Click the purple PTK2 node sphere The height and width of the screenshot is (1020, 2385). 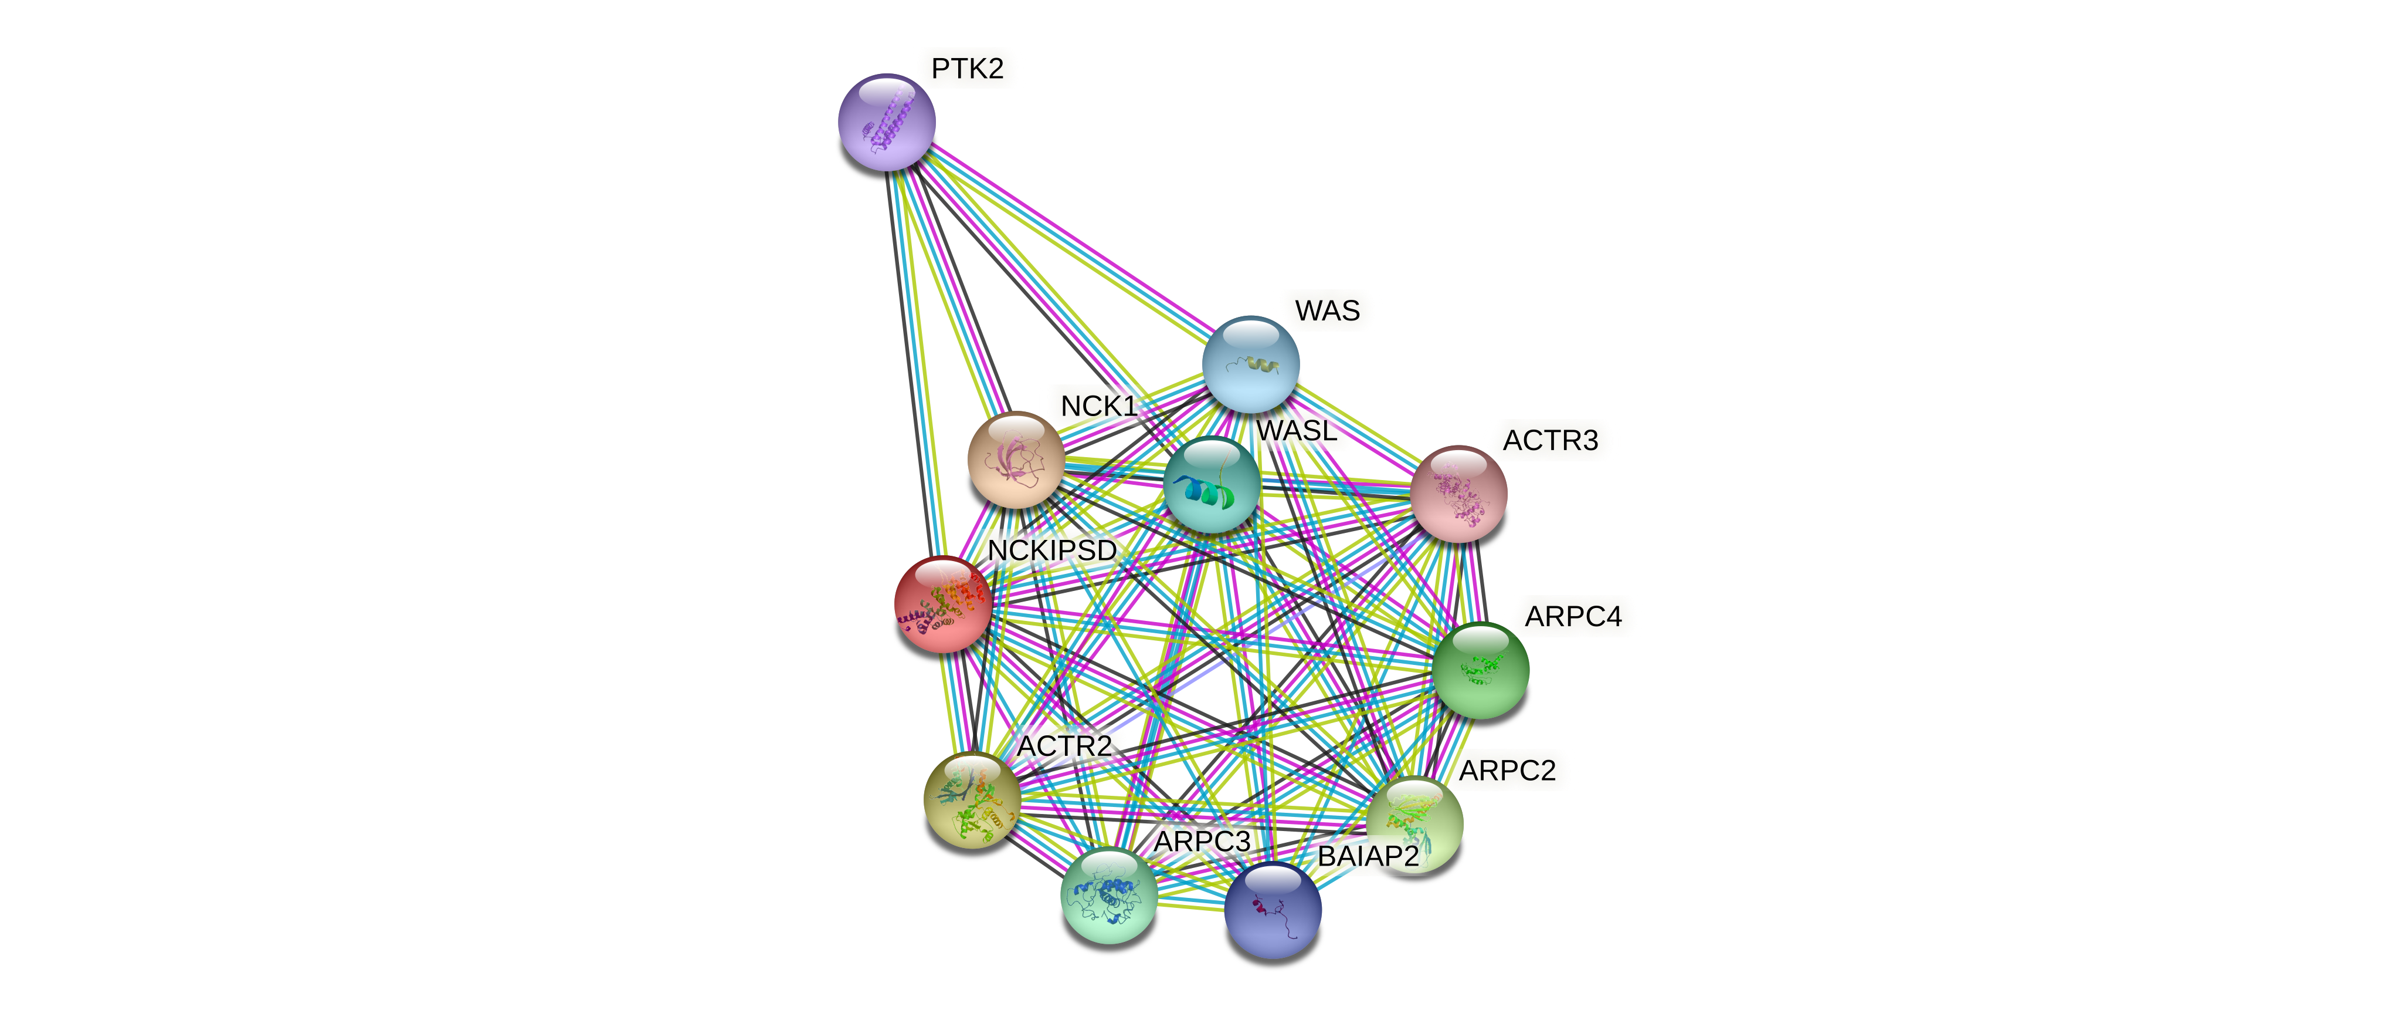pyautogui.click(x=886, y=122)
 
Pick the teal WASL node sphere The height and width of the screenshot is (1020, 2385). pyautogui.click(x=1211, y=485)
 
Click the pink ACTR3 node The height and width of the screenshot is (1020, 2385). pyautogui.click(x=1458, y=494)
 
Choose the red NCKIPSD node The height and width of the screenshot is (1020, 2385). pyautogui.click(x=942, y=604)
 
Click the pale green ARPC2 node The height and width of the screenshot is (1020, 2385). pyautogui.click(x=1414, y=823)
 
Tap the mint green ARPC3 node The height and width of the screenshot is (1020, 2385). pyautogui.click(x=1108, y=895)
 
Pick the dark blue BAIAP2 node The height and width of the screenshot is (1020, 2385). pyautogui.click(x=1273, y=910)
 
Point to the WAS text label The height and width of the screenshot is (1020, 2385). pyautogui.click(x=1326, y=310)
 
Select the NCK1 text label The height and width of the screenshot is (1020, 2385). pyautogui.click(x=1098, y=406)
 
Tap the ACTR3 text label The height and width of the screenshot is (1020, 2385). pyautogui.click(x=1550, y=440)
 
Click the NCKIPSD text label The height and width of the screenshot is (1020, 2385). pyautogui.click(x=1052, y=550)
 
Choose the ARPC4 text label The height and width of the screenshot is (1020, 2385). pyautogui.click(x=1573, y=616)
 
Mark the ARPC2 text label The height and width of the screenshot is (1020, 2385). pyautogui.click(x=1507, y=770)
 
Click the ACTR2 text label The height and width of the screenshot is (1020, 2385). pyautogui.click(x=1064, y=746)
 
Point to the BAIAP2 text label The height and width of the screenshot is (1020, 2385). pyautogui.click(x=1368, y=856)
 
